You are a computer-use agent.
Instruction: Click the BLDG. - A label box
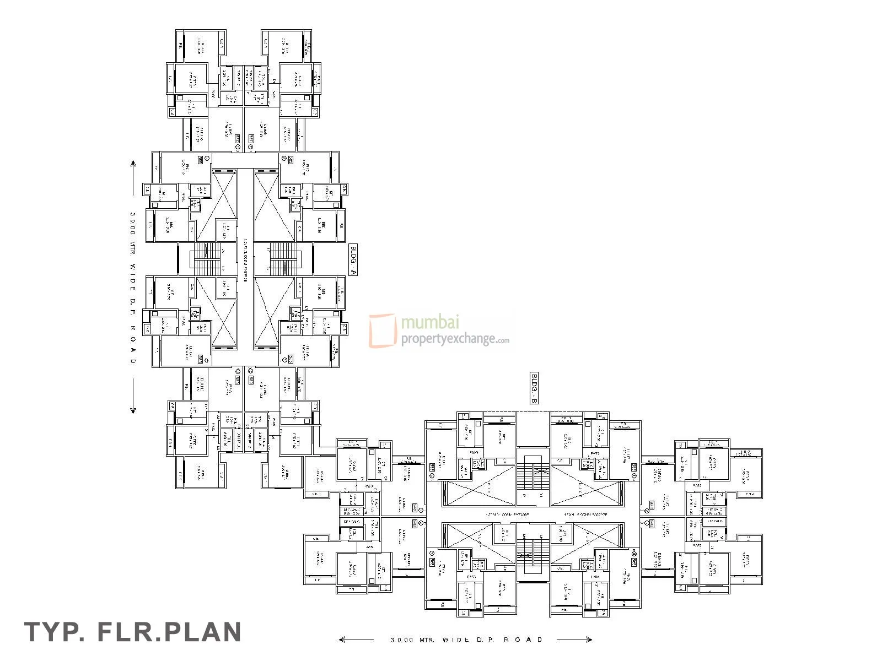point(353,258)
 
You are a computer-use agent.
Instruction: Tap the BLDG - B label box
point(534,388)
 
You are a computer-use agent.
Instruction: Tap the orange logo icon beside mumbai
point(383,330)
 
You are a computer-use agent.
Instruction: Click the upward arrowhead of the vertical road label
point(133,164)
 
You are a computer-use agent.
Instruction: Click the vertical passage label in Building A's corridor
point(246,259)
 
